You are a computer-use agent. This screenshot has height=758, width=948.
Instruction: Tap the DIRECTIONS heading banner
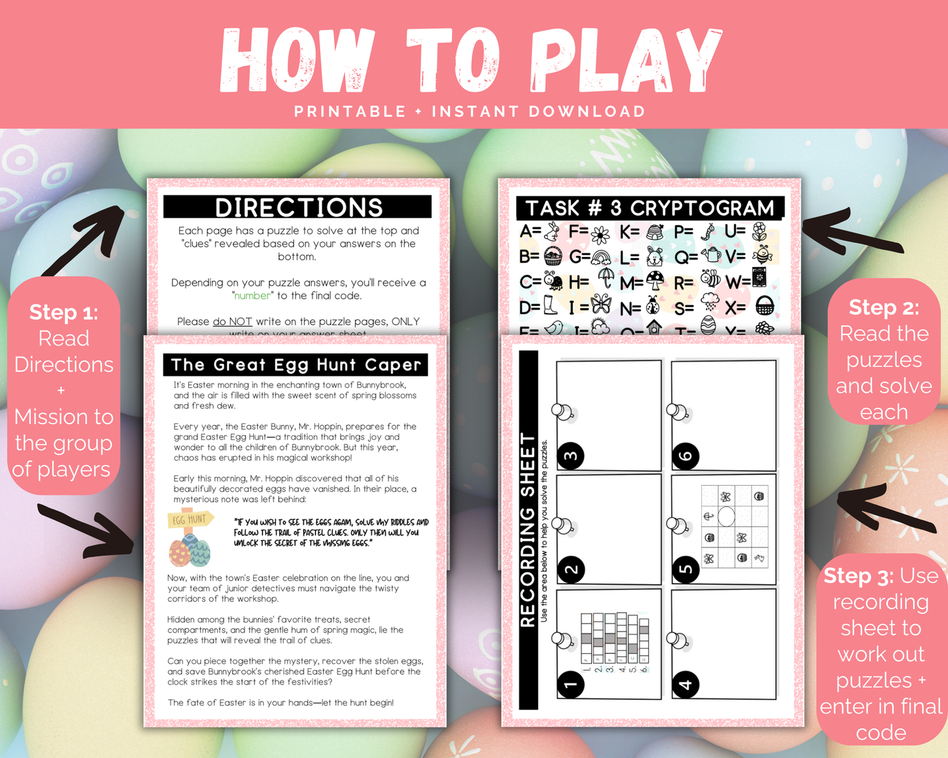[298, 207]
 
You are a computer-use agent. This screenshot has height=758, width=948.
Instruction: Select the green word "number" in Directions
[253, 296]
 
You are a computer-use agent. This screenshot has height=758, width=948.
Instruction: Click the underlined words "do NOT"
[232, 321]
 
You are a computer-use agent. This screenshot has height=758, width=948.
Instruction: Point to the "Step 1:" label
[64, 312]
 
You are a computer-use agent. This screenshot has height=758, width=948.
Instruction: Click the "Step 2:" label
[884, 307]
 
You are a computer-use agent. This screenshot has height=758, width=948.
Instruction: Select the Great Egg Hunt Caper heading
[296, 365]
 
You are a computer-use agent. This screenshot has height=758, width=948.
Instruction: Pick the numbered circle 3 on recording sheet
[571, 456]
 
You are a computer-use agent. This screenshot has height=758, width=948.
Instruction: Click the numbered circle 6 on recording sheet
[686, 456]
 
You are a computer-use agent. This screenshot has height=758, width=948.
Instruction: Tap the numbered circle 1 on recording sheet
[571, 685]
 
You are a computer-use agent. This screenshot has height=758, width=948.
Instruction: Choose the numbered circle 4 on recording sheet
[686, 685]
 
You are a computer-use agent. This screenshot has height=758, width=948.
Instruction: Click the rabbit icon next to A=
[553, 231]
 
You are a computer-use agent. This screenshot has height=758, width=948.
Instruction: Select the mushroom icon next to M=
[655, 281]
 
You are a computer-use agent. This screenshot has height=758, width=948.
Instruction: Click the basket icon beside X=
[764, 306]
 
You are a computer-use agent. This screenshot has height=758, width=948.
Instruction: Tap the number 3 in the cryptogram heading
[615, 209]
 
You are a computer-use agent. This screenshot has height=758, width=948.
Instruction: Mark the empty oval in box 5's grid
[726, 517]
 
